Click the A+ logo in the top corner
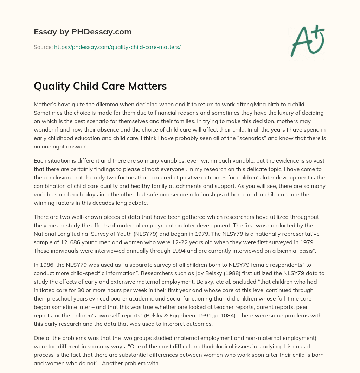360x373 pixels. point(307,40)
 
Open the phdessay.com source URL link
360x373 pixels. point(117,47)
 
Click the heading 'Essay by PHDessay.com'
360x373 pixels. point(83,32)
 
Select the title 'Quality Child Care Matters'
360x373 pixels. point(100,86)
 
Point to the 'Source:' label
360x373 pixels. point(43,47)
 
